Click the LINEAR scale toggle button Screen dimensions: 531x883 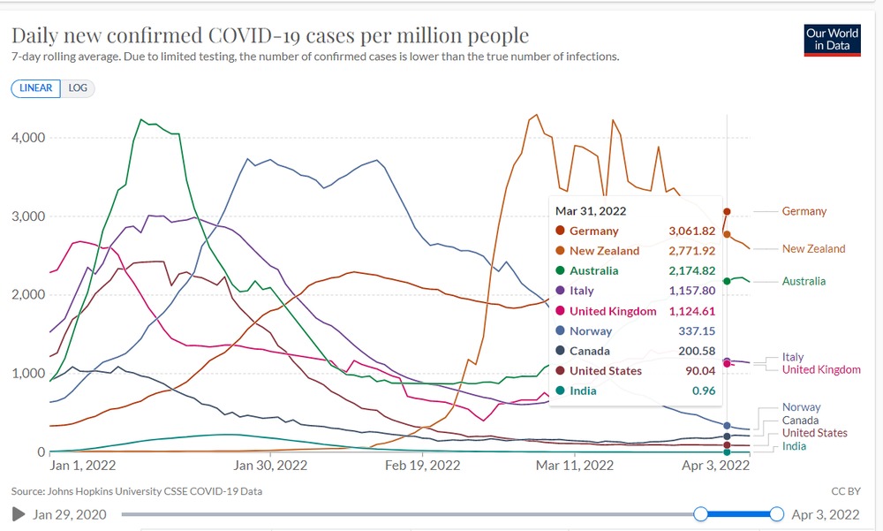coord(36,88)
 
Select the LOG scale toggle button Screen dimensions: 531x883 coord(78,88)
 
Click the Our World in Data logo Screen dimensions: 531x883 coord(831,40)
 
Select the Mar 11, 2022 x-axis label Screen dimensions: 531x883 coord(575,466)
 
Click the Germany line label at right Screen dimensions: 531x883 coord(804,212)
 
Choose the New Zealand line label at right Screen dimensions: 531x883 coord(813,249)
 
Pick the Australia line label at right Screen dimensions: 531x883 coord(804,282)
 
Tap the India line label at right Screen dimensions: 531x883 coord(795,446)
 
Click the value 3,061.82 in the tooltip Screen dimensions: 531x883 coord(692,231)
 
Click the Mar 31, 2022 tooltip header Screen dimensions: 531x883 coord(591,210)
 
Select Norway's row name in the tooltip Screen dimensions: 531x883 coord(591,331)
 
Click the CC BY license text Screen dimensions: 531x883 coord(845,491)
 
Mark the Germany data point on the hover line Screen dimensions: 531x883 coord(727,212)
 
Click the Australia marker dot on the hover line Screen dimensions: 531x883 coord(727,281)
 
